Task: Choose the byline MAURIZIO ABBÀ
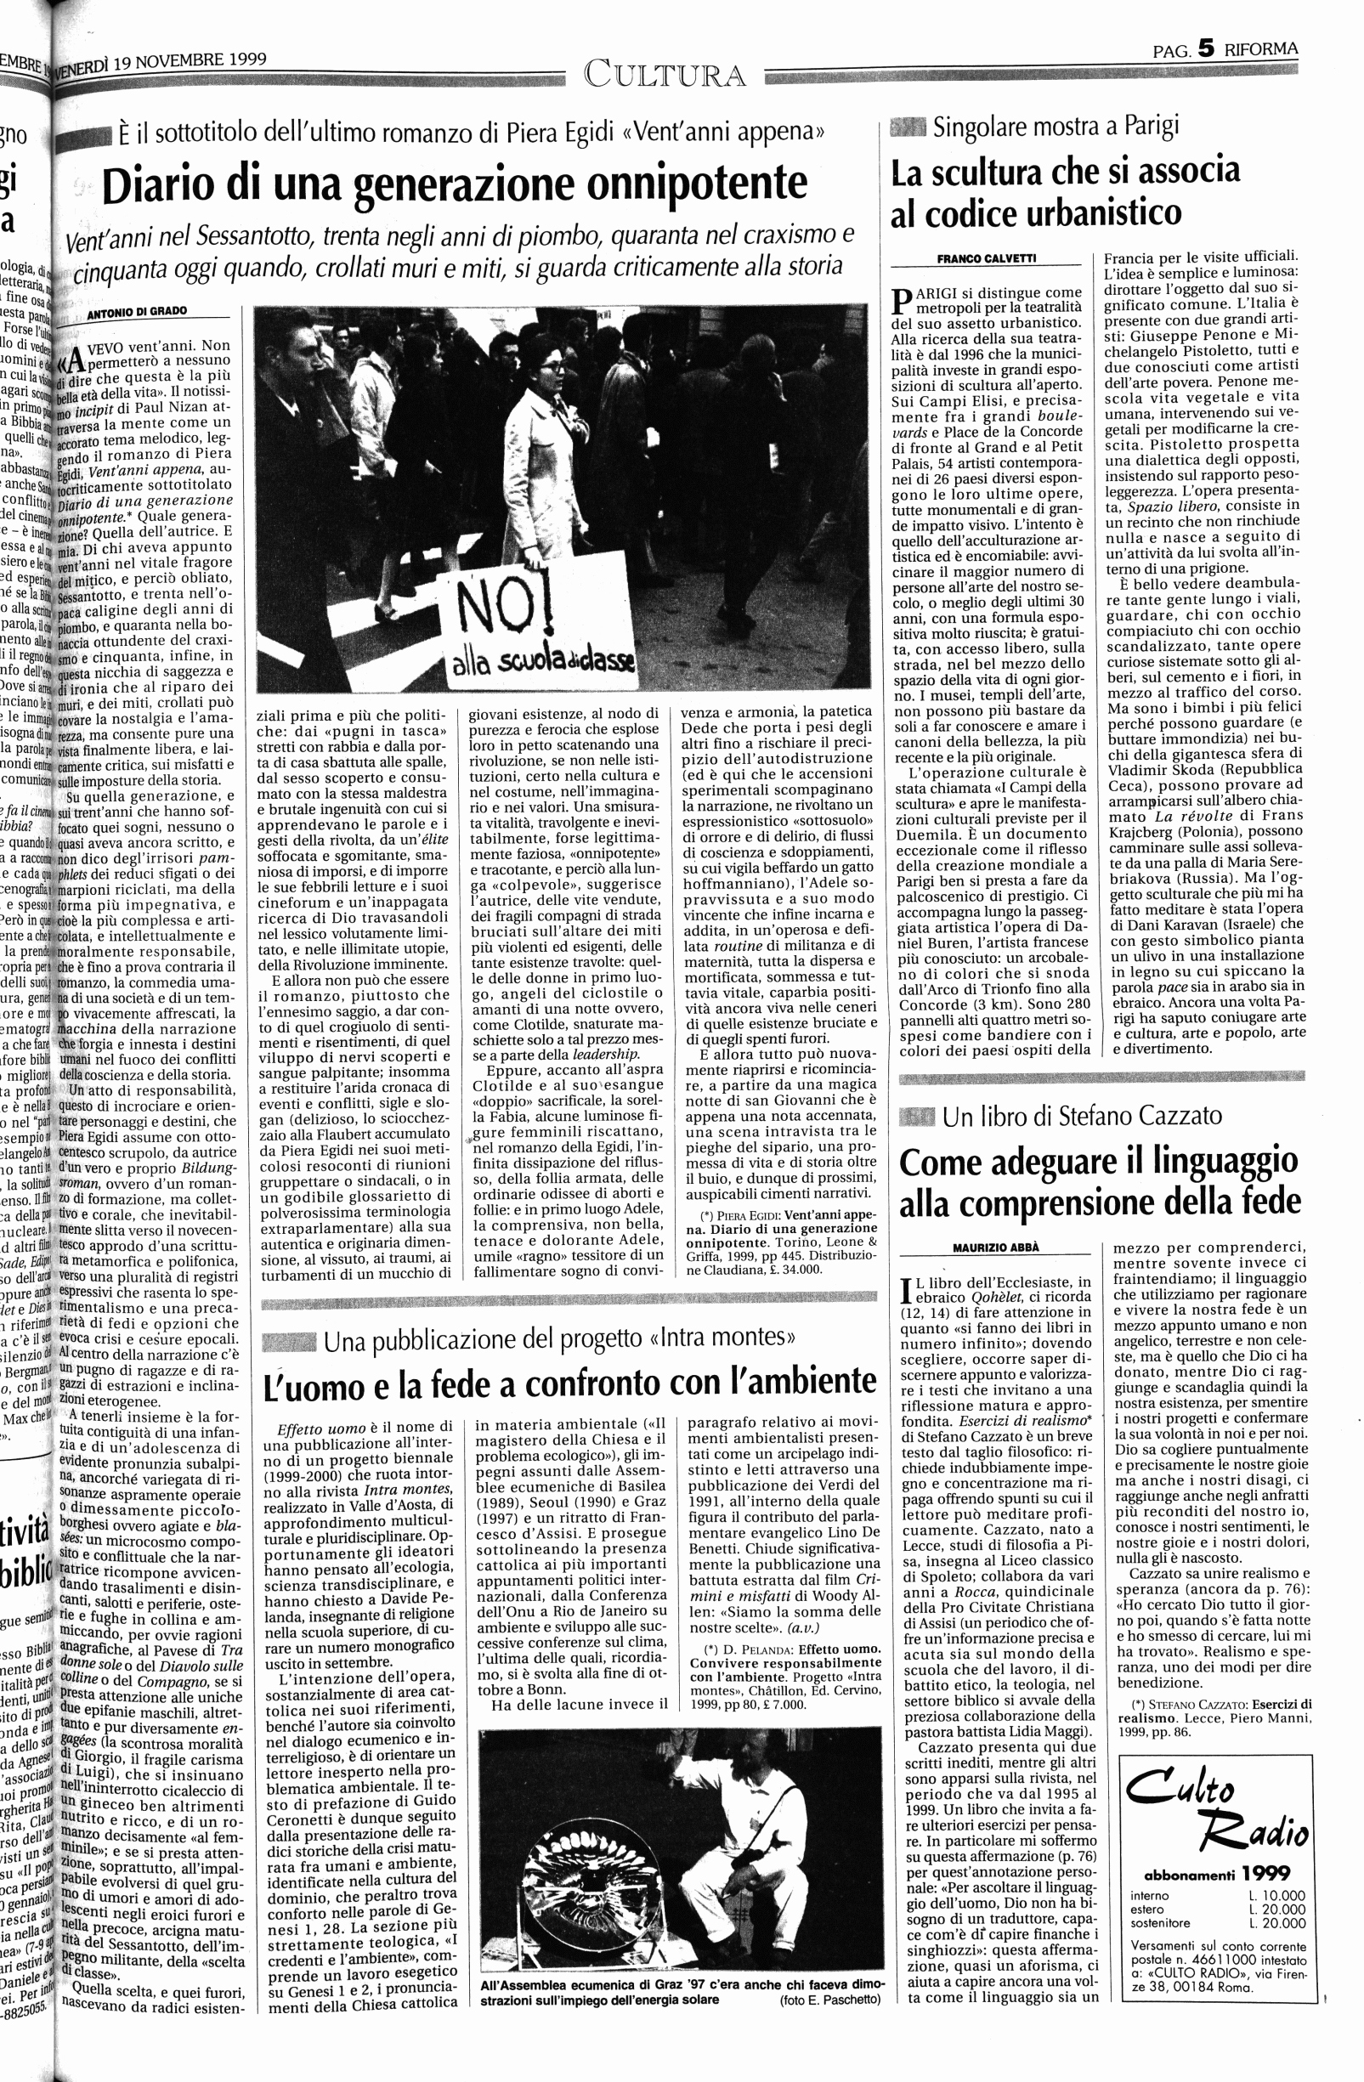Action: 997,1247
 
